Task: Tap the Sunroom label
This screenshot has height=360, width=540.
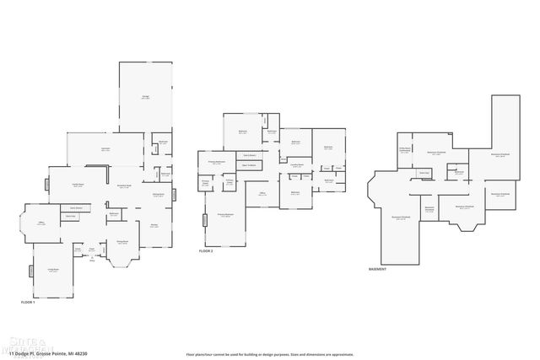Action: (106, 149)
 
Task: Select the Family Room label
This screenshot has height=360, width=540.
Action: (77, 185)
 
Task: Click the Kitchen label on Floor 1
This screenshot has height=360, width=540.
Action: (154, 225)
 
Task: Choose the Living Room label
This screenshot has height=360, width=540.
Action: (52, 271)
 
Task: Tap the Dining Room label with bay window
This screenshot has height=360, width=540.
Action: (122, 242)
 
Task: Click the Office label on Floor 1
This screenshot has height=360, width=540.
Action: (40, 223)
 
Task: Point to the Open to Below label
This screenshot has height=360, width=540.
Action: (249, 166)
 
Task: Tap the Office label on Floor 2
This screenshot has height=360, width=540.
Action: (262, 194)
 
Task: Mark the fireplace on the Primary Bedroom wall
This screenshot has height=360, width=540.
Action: (204, 221)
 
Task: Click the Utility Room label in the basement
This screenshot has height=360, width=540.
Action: (405, 151)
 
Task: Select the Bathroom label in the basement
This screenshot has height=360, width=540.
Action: (459, 174)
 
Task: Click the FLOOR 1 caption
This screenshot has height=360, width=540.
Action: (28, 301)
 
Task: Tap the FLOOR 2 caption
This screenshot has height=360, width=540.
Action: (206, 251)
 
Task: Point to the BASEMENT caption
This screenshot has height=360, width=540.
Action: (378, 269)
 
